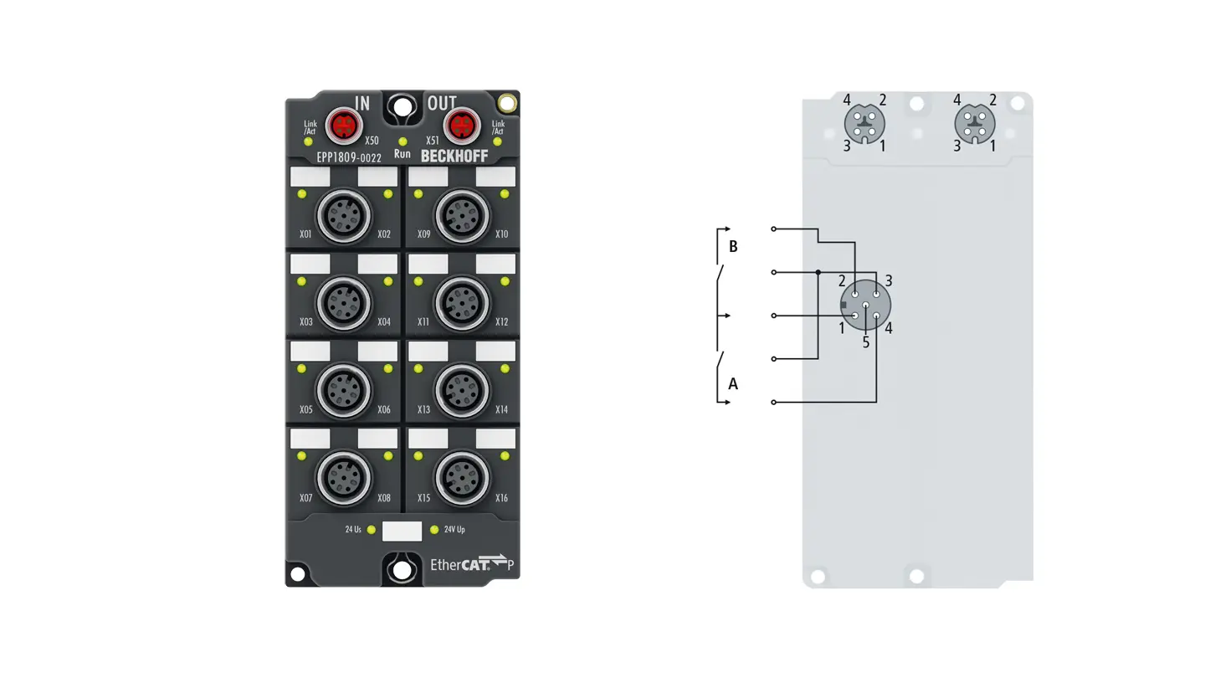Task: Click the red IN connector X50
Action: point(344,126)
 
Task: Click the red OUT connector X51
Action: point(462,126)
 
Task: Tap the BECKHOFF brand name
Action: point(454,156)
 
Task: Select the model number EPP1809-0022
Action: point(349,157)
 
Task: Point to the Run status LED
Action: point(403,141)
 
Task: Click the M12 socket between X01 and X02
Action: point(344,216)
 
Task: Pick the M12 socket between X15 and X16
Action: point(462,479)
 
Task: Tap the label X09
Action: point(424,234)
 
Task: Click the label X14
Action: point(501,409)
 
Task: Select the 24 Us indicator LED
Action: point(372,530)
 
